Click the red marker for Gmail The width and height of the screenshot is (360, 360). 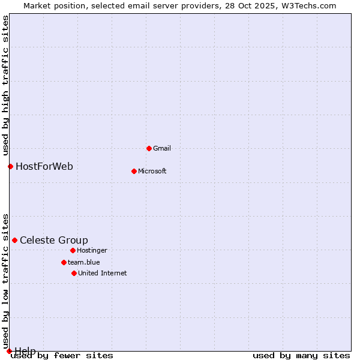pos(149,148)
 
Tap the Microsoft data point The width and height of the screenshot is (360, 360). pos(134,171)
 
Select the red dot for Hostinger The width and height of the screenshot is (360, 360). pos(73,250)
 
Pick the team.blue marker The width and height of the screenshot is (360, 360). pos(64,262)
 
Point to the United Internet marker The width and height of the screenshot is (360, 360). pos(74,273)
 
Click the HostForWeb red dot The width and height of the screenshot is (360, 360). pos(10,166)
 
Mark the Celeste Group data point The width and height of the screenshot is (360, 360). pos(14,240)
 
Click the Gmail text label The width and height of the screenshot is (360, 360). pos(162,148)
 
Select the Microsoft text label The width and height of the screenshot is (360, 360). pos(152,171)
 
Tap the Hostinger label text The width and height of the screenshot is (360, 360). pos(92,250)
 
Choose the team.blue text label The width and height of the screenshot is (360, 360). pos(84,262)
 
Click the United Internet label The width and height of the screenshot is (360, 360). pos(103,273)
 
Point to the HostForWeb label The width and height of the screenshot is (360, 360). pos(44,166)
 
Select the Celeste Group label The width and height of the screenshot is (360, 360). pos(54,240)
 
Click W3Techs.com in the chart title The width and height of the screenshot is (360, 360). pos(308,5)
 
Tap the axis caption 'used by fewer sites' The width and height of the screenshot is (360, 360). pos(62,355)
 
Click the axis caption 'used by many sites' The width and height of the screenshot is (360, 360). pos(301,355)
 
